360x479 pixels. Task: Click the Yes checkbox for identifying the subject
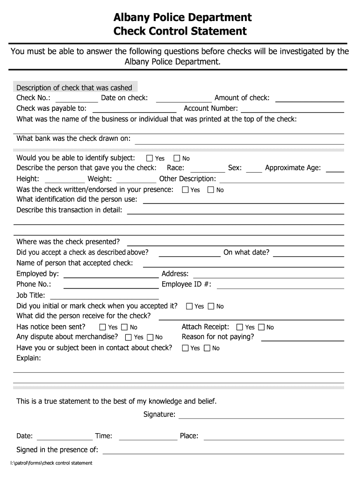(x=150, y=159)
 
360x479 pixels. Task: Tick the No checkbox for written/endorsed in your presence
(x=210, y=190)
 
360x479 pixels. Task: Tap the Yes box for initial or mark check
(x=189, y=306)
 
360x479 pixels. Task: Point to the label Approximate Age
(x=293, y=168)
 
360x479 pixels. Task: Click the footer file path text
(x=52, y=463)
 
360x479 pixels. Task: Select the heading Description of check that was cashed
(x=74, y=87)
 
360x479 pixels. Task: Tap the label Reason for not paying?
(x=218, y=337)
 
